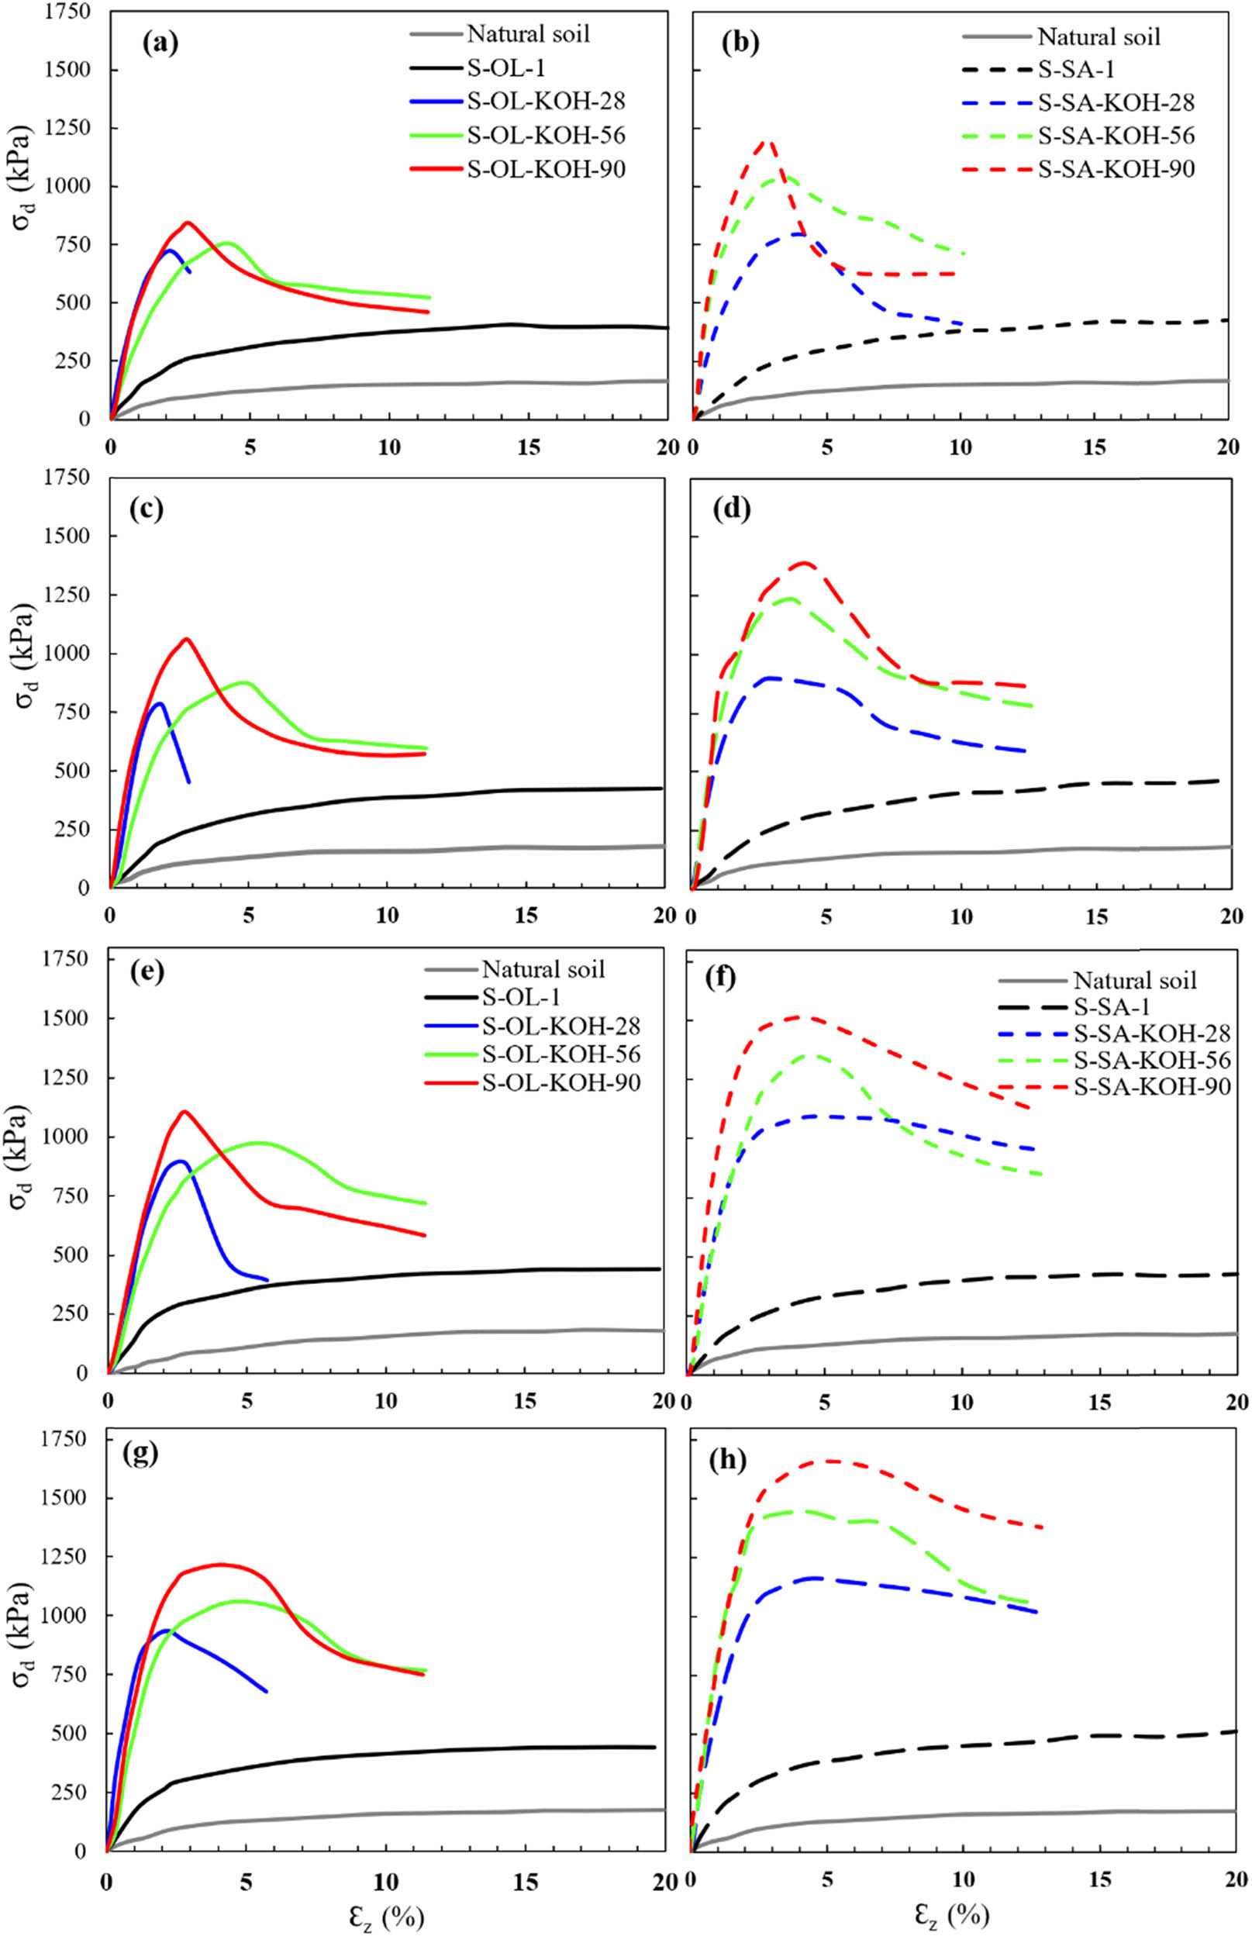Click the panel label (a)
coord(160,43)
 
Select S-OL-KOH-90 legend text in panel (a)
coord(547,169)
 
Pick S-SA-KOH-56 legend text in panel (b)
coord(1116,135)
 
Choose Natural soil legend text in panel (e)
coord(543,969)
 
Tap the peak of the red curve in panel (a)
coord(188,222)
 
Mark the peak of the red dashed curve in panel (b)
coord(766,141)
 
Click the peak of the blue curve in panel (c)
coord(160,703)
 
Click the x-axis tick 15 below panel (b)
coord(1096,447)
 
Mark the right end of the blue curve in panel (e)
coord(267,1280)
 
